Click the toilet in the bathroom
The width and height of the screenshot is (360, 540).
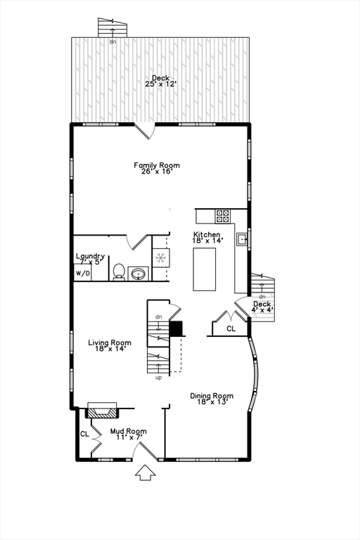(x=119, y=272)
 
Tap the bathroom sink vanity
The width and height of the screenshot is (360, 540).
(x=139, y=273)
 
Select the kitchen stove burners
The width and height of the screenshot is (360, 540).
(x=223, y=216)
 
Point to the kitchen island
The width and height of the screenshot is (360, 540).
(x=206, y=269)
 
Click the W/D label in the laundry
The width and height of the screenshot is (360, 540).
(x=83, y=272)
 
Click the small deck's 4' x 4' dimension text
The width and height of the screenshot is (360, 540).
(x=262, y=310)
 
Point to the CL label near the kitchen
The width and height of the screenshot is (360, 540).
(x=231, y=328)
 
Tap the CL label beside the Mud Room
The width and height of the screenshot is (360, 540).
(x=84, y=434)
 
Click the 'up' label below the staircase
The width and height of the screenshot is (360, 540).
(x=158, y=378)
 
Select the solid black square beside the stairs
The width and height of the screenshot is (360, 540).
(x=176, y=328)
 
